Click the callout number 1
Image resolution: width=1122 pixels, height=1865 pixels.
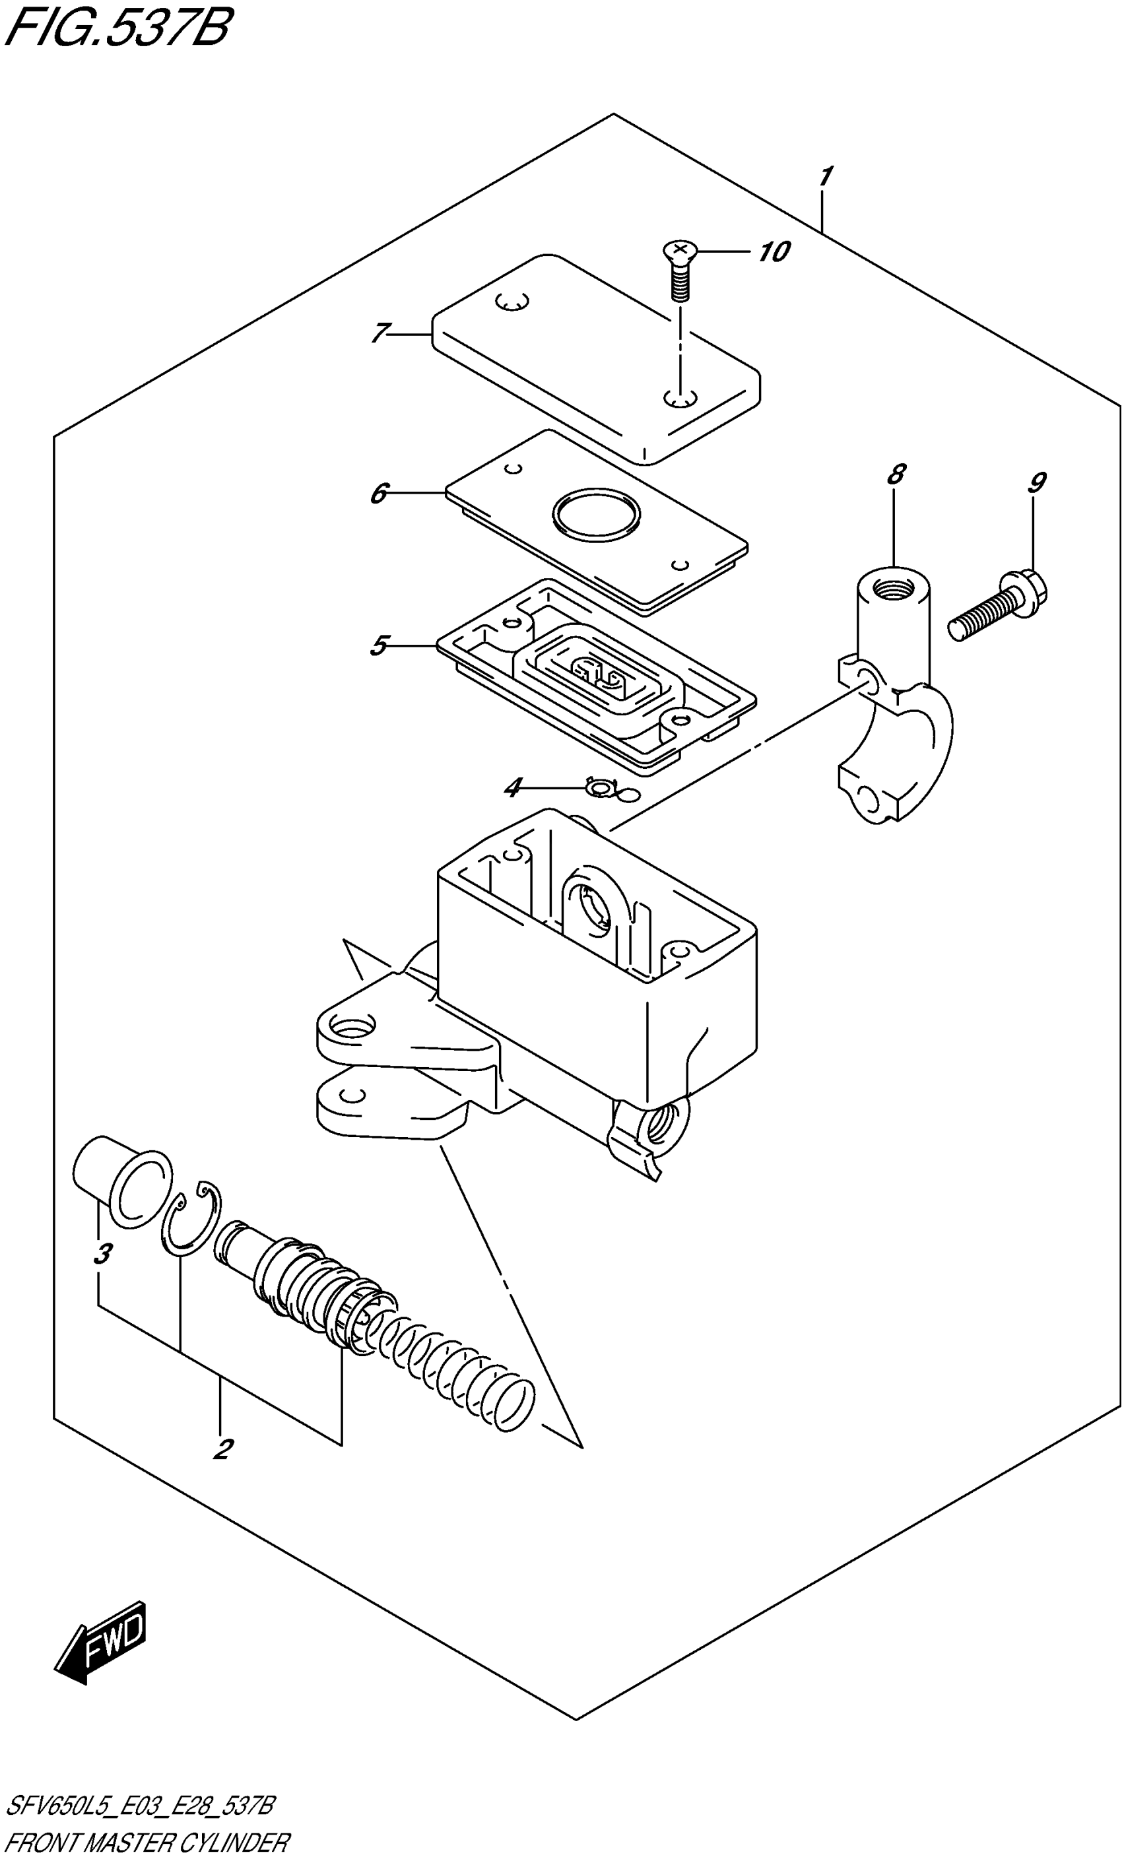pyautogui.click(x=825, y=177)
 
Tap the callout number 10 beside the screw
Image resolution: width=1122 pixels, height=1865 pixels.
pyautogui.click(x=774, y=251)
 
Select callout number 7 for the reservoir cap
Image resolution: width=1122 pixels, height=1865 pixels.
pyautogui.click(x=380, y=333)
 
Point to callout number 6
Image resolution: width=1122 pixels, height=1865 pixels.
pyautogui.click(x=379, y=494)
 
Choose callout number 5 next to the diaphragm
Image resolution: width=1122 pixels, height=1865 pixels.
pyautogui.click(x=379, y=645)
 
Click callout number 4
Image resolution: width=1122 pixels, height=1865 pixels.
pyautogui.click(x=513, y=789)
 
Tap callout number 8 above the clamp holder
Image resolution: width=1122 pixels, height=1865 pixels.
pyautogui.click(x=895, y=474)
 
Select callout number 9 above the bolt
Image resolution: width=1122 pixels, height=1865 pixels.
pyautogui.click(x=1037, y=482)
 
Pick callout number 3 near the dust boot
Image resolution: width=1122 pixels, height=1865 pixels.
pyautogui.click(x=103, y=1253)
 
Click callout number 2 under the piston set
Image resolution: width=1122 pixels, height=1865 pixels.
pyautogui.click(x=222, y=1449)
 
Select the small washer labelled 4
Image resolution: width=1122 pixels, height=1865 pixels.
pyautogui.click(x=601, y=789)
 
